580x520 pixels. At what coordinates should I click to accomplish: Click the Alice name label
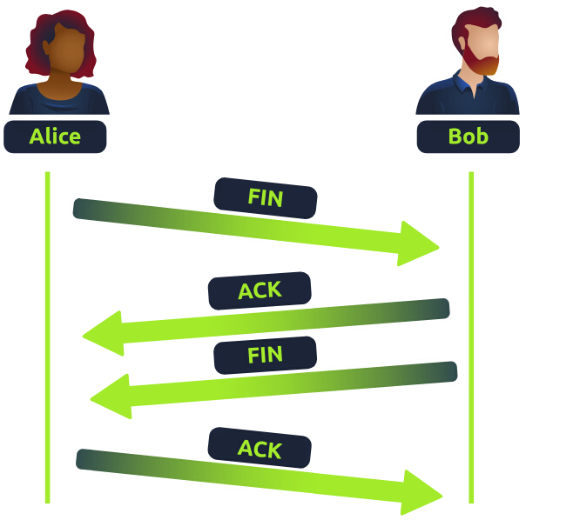point(55,137)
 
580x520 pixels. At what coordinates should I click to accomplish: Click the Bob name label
point(468,137)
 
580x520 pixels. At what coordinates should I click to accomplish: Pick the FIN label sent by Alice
point(266,198)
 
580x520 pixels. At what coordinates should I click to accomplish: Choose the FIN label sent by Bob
point(265,355)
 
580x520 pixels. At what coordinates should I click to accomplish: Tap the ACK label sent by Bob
point(260,290)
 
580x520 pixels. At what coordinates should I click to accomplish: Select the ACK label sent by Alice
point(260,449)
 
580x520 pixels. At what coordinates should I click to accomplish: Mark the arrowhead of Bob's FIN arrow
point(111,397)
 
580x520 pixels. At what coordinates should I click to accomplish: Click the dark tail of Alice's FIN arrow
point(87,209)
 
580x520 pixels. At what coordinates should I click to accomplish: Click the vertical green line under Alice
point(47,348)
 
